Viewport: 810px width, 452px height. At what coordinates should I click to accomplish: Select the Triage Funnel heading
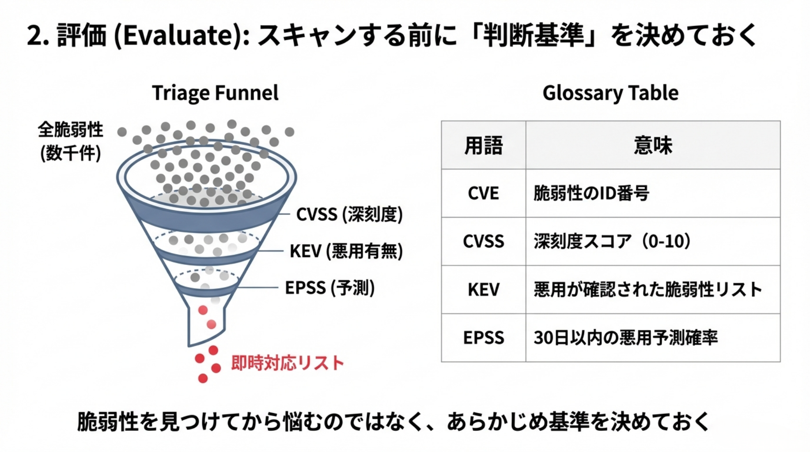[215, 93]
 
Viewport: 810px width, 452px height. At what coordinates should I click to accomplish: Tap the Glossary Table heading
[610, 93]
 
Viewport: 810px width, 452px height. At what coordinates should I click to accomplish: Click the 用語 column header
[483, 145]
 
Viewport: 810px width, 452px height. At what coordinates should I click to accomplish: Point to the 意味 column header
[653, 145]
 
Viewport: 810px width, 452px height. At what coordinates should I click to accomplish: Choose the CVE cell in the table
[483, 193]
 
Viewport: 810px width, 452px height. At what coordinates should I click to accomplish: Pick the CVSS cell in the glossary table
[483, 241]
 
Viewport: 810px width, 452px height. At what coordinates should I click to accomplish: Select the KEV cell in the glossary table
[483, 290]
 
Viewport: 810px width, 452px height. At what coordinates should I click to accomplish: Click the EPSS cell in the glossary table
[483, 338]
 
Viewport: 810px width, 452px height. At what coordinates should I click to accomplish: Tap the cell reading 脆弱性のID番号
[591, 193]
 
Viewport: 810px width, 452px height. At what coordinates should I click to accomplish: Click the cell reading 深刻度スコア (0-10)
[612, 241]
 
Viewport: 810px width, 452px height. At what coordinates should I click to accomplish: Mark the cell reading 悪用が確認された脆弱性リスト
[648, 290]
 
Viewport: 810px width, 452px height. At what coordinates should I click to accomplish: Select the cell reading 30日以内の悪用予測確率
[625, 338]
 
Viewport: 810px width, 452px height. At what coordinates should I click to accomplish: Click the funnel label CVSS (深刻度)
[349, 215]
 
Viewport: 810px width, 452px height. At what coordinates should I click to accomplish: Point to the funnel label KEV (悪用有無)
[346, 251]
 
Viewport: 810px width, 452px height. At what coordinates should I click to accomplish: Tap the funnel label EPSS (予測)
[330, 288]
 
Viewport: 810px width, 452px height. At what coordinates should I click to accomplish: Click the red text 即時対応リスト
[288, 363]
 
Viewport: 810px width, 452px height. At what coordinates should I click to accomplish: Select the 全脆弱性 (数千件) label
[71, 141]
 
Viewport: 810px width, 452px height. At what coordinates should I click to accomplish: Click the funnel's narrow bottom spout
[206, 322]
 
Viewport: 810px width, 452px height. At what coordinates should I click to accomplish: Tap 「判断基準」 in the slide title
[534, 35]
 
